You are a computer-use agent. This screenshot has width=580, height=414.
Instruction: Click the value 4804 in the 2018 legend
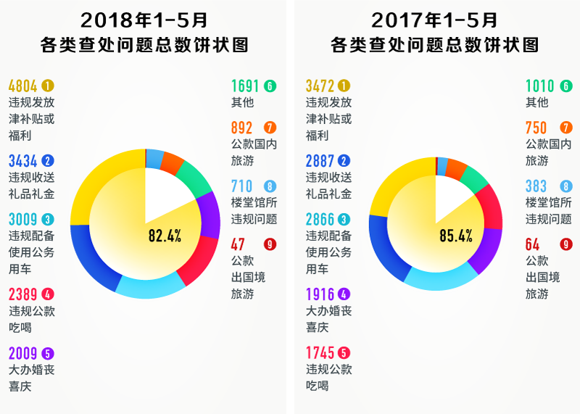tap(24, 86)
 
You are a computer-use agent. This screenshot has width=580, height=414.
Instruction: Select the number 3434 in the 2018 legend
tap(24, 161)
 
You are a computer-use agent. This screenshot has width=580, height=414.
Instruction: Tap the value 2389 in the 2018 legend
tap(24, 294)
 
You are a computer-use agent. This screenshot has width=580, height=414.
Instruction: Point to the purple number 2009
tap(24, 354)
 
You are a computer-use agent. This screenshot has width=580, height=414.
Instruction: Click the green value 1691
tap(245, 86)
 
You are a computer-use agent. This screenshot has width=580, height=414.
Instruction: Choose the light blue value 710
tap(241, 186)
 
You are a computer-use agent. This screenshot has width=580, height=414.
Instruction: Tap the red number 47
tap(238, 244)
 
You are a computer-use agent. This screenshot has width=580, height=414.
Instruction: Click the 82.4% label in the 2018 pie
tap(165, 236)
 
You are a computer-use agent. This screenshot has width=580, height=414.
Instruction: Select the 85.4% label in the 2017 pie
tap(455, 236)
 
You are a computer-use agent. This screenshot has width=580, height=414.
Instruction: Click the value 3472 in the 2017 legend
tap(320, 86)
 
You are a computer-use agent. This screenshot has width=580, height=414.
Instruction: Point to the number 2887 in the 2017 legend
tap(320, 161)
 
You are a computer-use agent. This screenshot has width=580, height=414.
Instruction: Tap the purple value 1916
tap(320, 294)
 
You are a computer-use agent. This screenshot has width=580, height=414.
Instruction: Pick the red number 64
tap(533, 244)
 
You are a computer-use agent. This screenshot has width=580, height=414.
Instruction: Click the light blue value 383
tap(536, 186)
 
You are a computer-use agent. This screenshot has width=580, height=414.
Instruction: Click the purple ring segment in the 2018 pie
tap(209, 215)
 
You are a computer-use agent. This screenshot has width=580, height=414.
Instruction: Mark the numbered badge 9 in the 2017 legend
tap(566, 244)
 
